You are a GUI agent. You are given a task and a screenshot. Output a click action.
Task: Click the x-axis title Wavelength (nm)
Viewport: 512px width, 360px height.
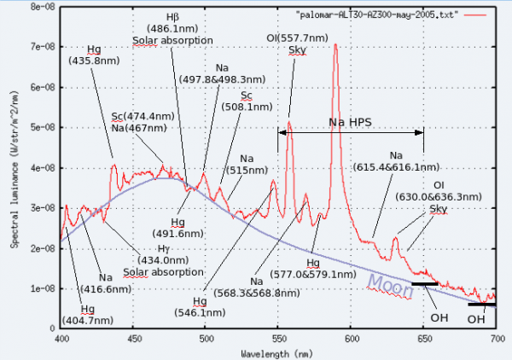point(278,351)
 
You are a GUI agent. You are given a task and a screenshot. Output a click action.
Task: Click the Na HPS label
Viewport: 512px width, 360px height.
point(350,123)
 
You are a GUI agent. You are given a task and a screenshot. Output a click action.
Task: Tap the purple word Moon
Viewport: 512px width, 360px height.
point(392,284)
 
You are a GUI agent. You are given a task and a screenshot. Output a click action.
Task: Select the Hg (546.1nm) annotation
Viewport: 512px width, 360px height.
point(199,308)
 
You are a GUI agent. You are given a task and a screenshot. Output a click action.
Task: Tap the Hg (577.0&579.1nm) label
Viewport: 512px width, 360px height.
point(313,268)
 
